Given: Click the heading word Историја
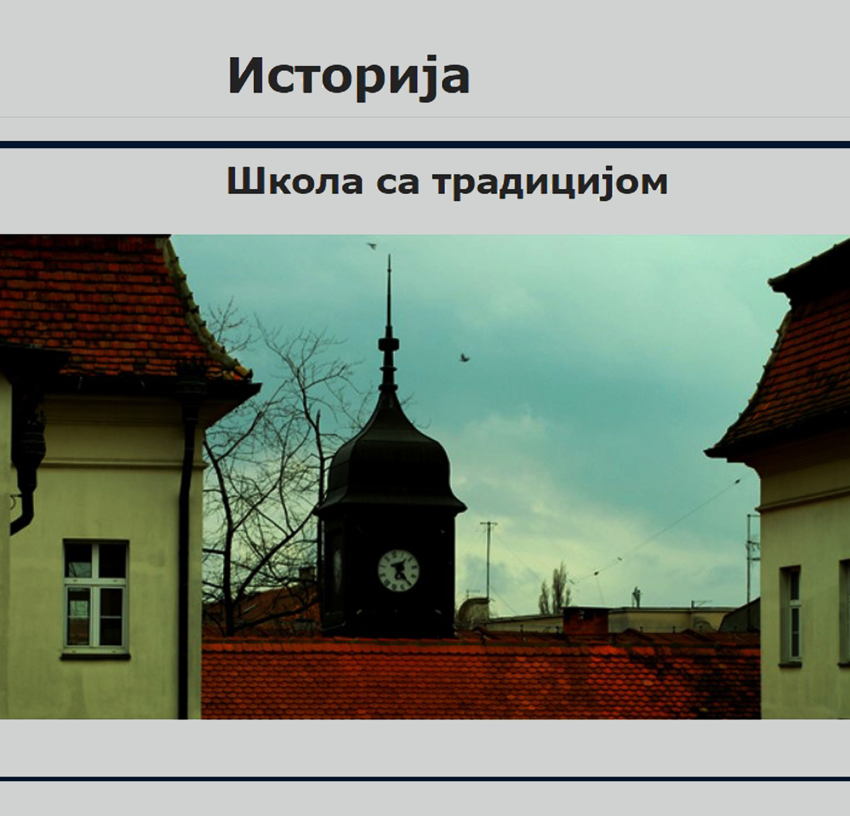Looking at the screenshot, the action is tap(349, 77).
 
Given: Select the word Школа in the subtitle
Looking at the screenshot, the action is tap(295, 182).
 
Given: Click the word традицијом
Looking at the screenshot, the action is tap(550, 184).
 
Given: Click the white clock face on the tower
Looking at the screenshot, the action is tap(398, 571).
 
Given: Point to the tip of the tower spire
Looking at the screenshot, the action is tap(389, 256).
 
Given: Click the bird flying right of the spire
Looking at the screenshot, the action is tap(464, 357).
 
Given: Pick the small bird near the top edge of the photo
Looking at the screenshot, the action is tap(372, 246).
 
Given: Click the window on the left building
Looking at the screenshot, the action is tap(96, 596).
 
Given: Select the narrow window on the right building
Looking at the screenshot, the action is tap(791, 615).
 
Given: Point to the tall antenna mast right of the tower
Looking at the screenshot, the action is tap(488, 568).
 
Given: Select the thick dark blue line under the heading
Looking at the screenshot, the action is tap(425, 145).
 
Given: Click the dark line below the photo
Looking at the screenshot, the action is tap(425, 779).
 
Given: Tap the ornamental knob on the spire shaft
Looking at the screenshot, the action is tap(389, 345).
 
